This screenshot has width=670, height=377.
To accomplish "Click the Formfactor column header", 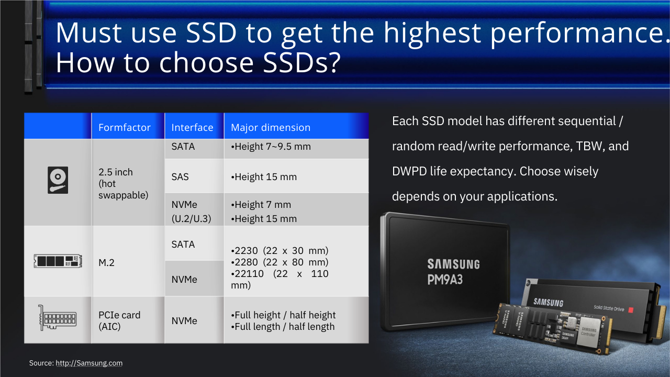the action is point(125,127).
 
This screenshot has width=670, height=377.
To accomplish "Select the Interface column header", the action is point(192,127).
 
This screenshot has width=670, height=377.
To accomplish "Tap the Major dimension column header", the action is point(271,127).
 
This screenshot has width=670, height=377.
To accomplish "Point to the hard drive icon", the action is point(58,180).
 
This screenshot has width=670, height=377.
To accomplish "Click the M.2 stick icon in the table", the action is point(58,261).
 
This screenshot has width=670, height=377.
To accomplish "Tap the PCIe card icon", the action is point(58,318).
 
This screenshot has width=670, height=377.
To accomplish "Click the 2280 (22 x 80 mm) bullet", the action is point(280,262).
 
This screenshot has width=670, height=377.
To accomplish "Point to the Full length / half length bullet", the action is point(283,326).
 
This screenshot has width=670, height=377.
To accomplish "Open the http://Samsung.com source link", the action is point(89,363).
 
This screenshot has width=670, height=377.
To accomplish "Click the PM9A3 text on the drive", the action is point(445,280).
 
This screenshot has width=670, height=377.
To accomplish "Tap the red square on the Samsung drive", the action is point(631,310).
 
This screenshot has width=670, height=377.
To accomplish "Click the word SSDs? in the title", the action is point(301,63).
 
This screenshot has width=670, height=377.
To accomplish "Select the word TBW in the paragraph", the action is point(589,146).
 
